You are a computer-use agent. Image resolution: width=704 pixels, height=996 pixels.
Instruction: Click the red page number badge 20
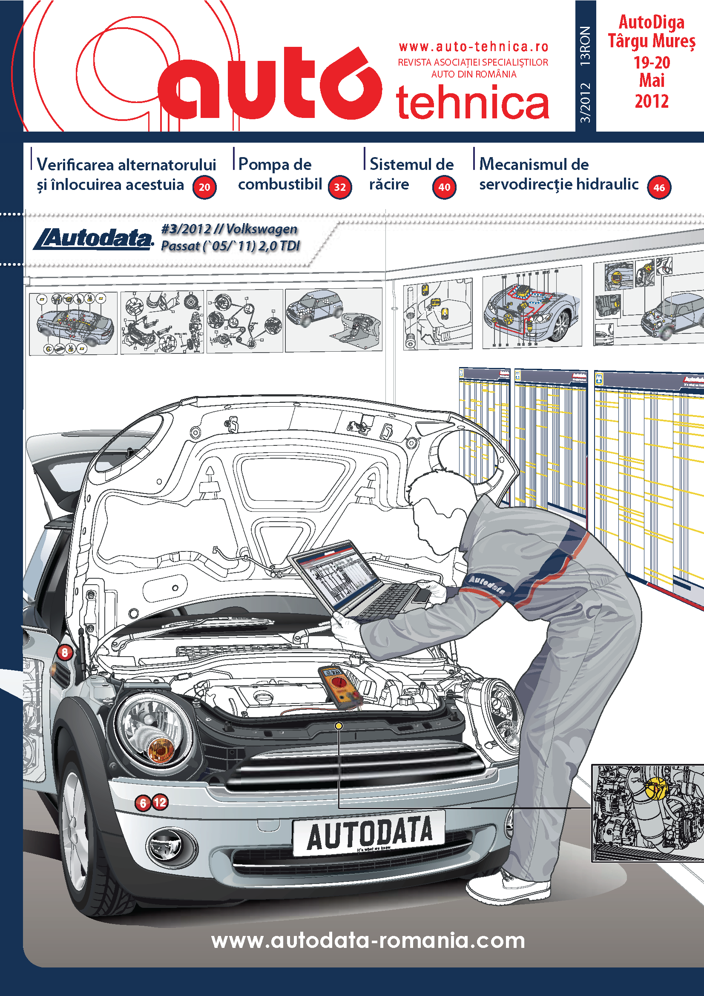[204, 187]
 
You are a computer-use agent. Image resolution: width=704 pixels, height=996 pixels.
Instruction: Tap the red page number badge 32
[339, 187]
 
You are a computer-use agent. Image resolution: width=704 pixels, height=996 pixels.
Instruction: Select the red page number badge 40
[444, 187]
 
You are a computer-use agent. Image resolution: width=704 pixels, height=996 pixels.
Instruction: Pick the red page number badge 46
[659, 187]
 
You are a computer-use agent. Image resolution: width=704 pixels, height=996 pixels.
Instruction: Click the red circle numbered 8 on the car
[65, 652]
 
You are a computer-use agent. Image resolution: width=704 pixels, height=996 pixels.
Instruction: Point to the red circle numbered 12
[160, 802]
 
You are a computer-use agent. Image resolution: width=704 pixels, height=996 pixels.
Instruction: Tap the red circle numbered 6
[143, 803]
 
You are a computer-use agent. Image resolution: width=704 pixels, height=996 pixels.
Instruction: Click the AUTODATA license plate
[369, 833]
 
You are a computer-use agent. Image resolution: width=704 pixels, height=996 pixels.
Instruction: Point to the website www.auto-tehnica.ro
[473, 46]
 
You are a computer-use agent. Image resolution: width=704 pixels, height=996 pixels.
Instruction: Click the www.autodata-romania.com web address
[368, 940]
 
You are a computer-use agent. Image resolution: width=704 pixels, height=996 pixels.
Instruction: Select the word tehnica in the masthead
[472, 103]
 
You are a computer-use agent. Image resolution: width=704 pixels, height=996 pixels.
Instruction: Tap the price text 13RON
[585, 46]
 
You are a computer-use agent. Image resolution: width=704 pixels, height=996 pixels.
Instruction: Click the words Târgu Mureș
[652, 41]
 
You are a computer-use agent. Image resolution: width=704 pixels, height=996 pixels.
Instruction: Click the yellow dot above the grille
[339, 726]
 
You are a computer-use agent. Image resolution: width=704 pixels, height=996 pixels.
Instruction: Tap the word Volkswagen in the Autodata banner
[261, 229]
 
